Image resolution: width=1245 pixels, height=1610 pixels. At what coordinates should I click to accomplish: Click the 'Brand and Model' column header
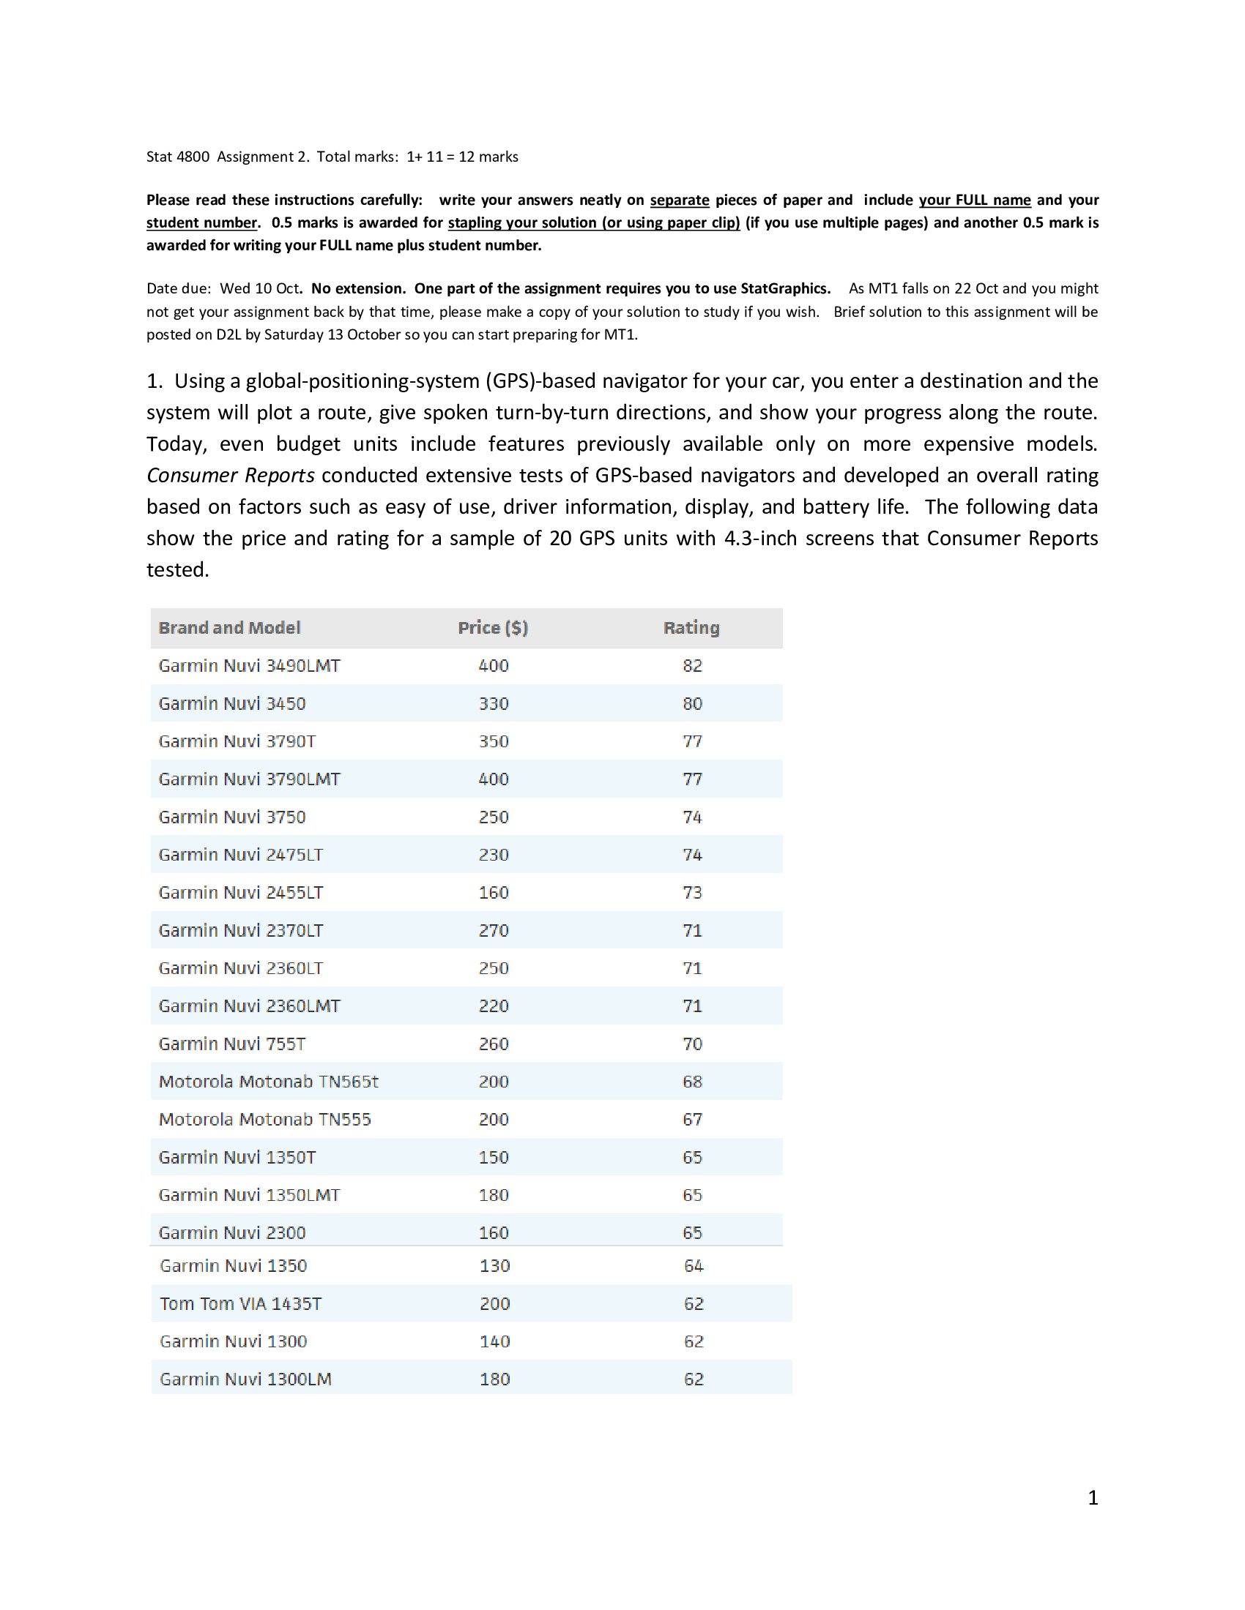229,627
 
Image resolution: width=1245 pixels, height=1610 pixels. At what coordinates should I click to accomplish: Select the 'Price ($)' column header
493,627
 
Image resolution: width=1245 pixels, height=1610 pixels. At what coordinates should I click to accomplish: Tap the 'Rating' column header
691,627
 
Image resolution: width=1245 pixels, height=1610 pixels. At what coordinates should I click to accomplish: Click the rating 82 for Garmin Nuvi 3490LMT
692,666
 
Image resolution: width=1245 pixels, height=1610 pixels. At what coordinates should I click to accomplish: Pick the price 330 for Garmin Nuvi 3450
494,703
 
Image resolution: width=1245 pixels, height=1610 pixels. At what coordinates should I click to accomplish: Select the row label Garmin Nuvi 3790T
237,741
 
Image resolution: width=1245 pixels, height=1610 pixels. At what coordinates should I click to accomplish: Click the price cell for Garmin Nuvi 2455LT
494,892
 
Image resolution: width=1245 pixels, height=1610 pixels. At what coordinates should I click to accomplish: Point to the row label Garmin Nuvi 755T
231,1043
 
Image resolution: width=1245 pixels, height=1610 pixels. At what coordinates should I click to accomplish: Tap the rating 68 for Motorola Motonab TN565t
692,1082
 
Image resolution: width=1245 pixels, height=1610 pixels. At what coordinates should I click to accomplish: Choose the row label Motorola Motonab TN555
265,1119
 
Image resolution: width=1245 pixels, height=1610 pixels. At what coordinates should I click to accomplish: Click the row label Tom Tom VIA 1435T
240,1303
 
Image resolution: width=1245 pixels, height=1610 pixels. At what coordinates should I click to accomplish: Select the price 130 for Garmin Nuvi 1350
494,1266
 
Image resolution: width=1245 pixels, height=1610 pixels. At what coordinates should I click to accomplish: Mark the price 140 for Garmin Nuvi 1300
494,1341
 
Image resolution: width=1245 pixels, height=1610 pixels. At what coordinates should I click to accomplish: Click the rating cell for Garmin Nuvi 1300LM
694,1379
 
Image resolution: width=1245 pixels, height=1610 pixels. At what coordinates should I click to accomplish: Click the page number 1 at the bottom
1093,1497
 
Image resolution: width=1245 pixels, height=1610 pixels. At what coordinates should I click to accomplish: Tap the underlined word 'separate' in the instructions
680,200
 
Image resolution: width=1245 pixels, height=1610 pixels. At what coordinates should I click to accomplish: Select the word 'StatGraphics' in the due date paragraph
785,288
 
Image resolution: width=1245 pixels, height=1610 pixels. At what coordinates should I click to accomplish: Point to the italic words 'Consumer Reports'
230,476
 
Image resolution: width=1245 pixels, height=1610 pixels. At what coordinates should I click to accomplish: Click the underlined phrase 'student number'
201,222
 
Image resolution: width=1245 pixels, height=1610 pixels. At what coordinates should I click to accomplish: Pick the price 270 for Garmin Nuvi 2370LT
494,930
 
